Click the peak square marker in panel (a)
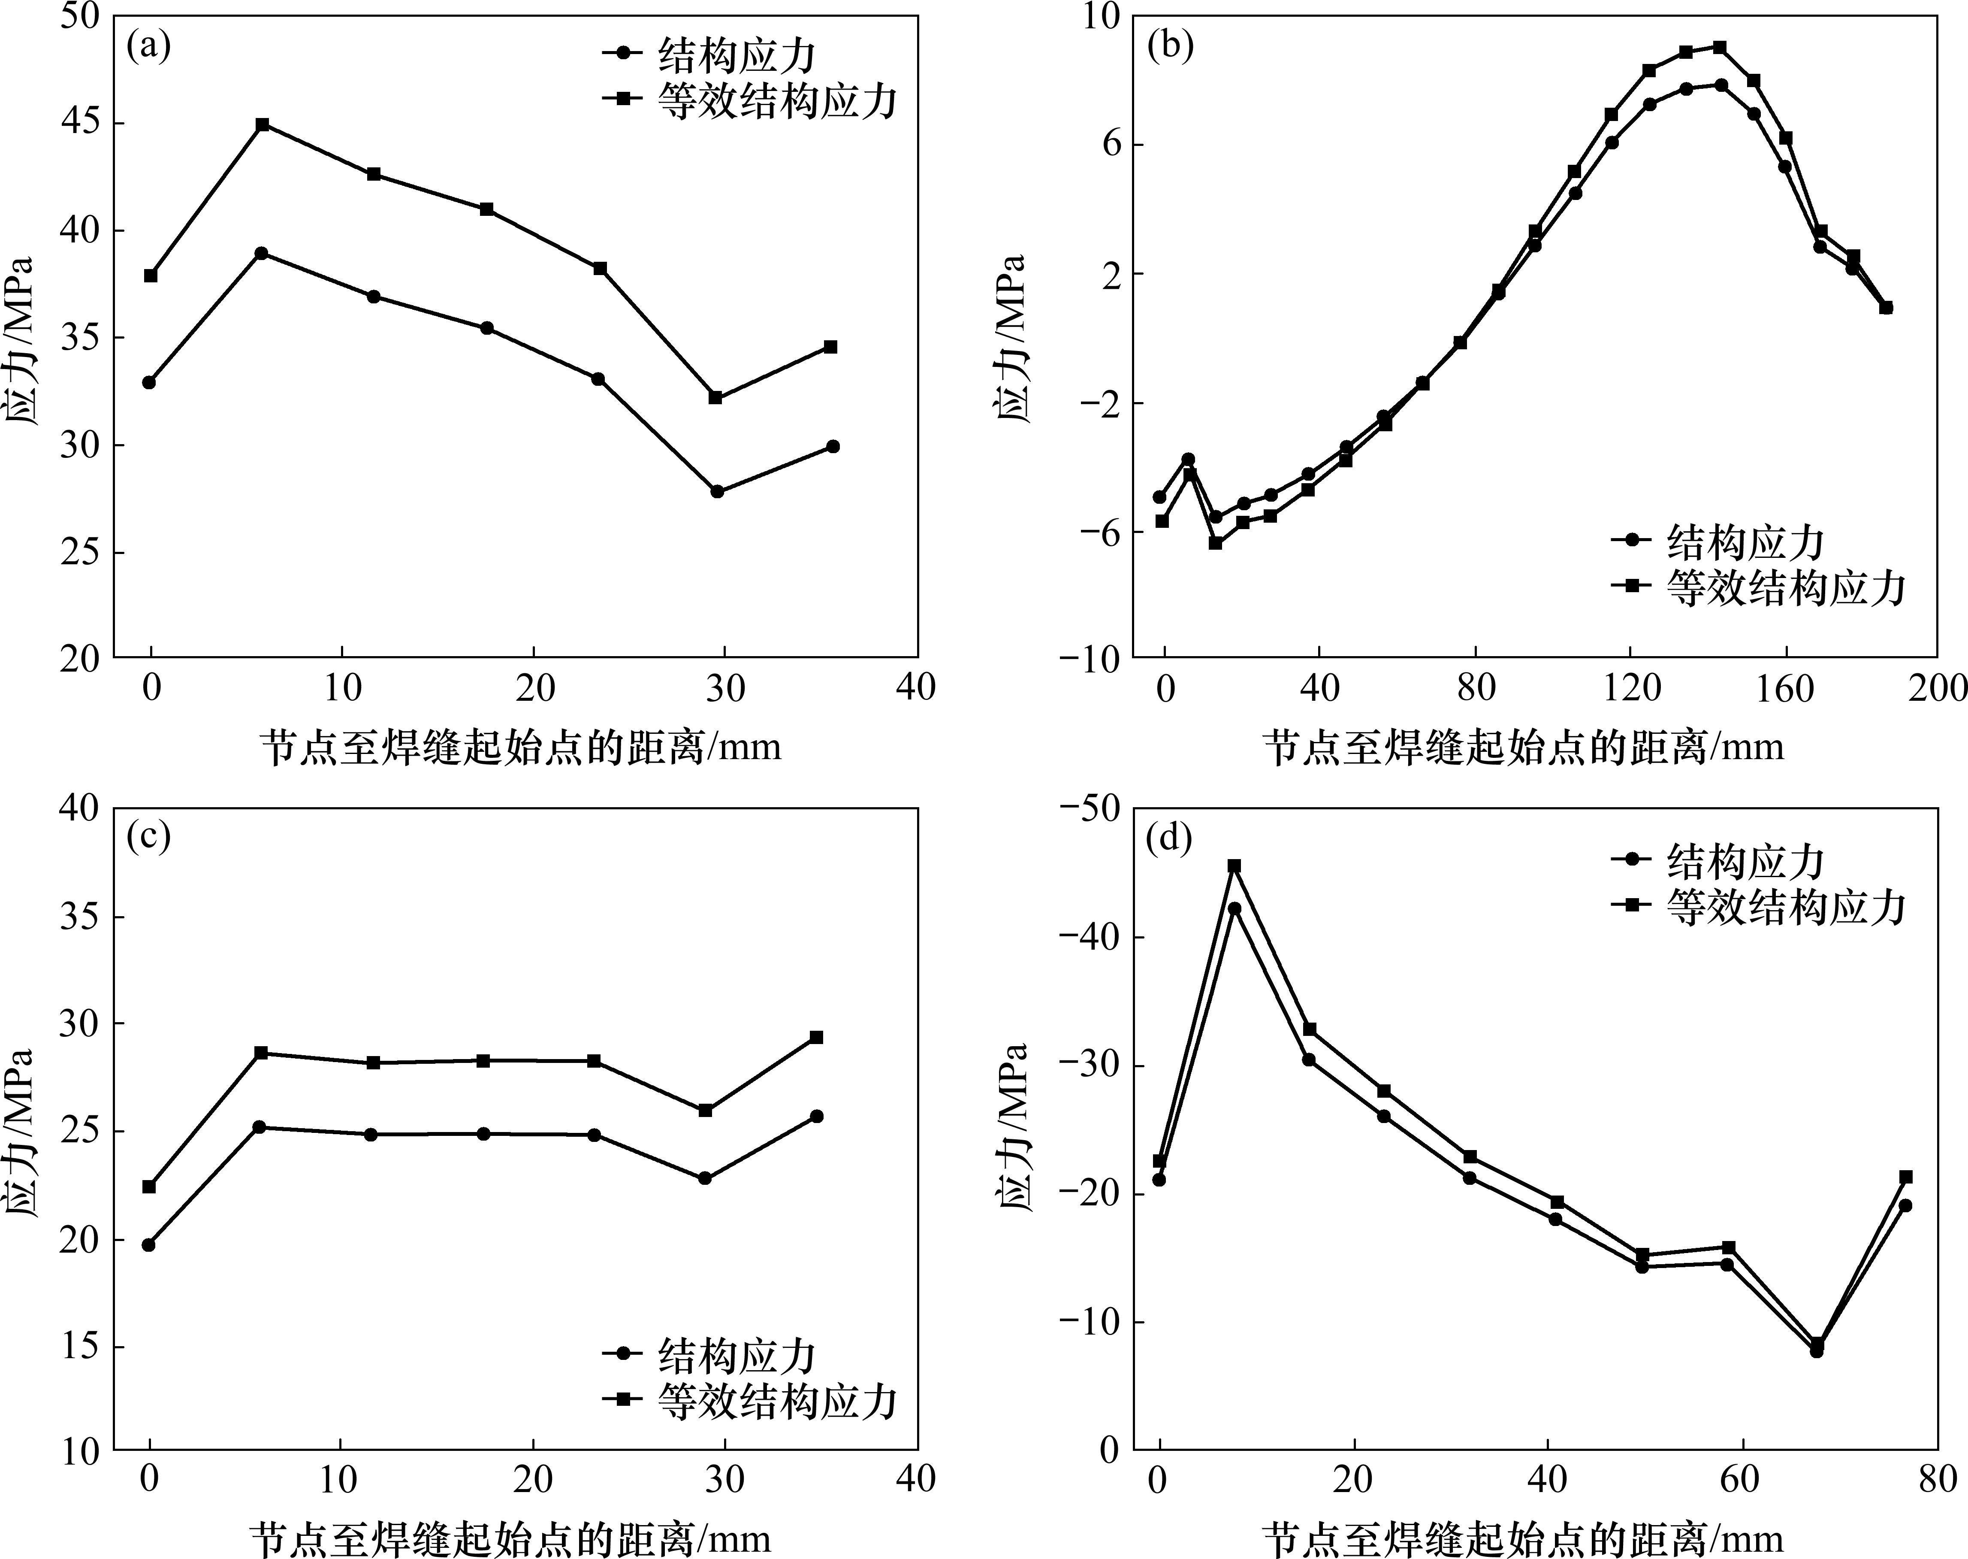coord(262,124)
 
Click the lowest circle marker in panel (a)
coord(717,491)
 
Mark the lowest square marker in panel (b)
coord(1215,542)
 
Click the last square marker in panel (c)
coord(817,1037)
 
